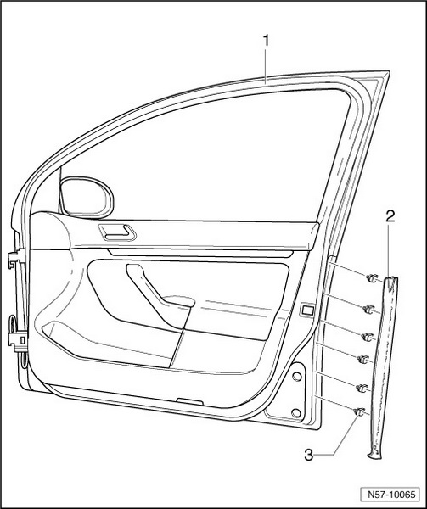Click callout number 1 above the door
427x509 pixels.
pyautogui.click(x=266, y=41)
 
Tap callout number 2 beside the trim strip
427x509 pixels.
pyautogui.click(x=390, y=216)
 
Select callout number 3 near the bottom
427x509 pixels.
pyautogui.click(x=309, y=455)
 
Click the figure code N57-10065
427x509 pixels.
pyautogui.click(x=391, y=495)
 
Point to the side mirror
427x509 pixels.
pyautogui.click(x=87, y=197)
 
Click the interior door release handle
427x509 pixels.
pyautogui.click(x=117, y=232)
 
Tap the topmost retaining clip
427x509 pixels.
pyautogui.click(x=372, y=278)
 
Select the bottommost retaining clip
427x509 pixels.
pyautogui.click(x=359, y=411)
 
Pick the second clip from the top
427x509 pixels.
pyautogui.click(x=368, y=309)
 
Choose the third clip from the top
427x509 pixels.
pyautogui.click(x=368, y=337)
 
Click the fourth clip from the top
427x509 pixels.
pyautogui.click(x=363, y=359)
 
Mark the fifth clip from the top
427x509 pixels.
pyautogui.click(x=362, y=388)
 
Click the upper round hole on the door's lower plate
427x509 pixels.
pyautogui.click(x=296, y=377)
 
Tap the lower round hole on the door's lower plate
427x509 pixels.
pyautogui.click(x=296, y=413)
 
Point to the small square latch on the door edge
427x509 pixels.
pyautogui.click(x=306, y=310)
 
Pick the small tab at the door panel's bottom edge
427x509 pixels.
pyautogui.click(x=190, y=401)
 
